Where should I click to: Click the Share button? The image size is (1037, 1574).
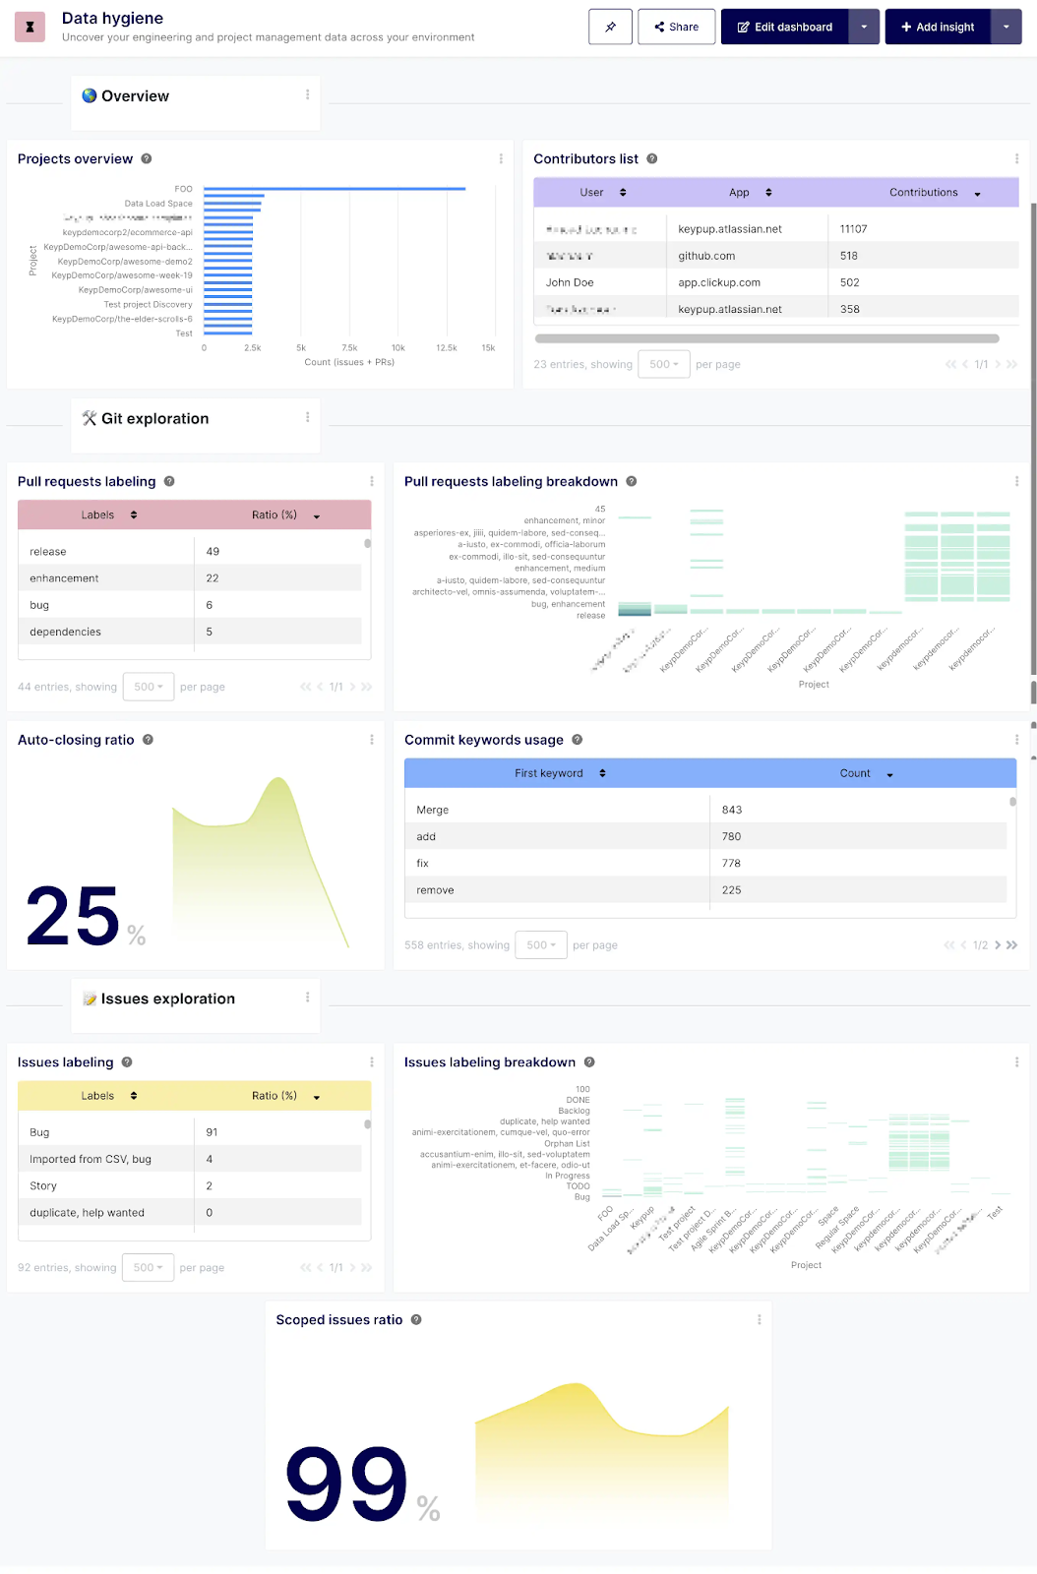pyautogui.click(x=676, y=27)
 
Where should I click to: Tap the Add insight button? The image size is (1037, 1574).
pyautogui.click(x=937, y=27)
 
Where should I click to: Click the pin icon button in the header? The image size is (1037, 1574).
pyautogui.click(x=610, y=27)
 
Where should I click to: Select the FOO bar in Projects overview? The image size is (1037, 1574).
pyautogui.click(x=335, y=189)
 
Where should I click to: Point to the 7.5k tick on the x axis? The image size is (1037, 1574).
pyautogui.click(x=349, y=348)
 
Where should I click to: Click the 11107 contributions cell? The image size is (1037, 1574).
pyautogui.click(x=853, y=229)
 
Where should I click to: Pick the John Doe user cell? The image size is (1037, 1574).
pyautogui.click(x=570, y=282)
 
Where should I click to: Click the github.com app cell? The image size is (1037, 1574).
pyautogui.click(x=706, y=256)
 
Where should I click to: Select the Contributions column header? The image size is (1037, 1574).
pyautogui.click(x=924, y=193)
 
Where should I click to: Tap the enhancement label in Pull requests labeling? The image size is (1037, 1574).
pyautogui.click(x=64, y=578)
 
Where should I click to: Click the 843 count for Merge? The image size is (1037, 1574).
pyautogui.click(x=732, y=810)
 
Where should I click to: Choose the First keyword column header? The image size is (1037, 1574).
pyautogui.click(x=549, y=773)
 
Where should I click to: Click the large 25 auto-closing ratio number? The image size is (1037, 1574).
pyautogui.click(x=73, y=916)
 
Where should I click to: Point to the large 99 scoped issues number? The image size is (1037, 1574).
pyautogui.click(x=345, y=1483)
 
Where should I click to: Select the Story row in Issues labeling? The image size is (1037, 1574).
pyautogui.click(x=43, y=1185)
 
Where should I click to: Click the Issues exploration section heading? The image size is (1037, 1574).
pyautogui.click(x=168, y=999)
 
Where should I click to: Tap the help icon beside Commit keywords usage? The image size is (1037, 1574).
pyautogui.click(x=578, y=740)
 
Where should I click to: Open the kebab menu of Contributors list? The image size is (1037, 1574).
pyautogui.click(x=1016, y=158)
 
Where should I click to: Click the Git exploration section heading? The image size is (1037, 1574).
pyautogui.click(x=154, y=419)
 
